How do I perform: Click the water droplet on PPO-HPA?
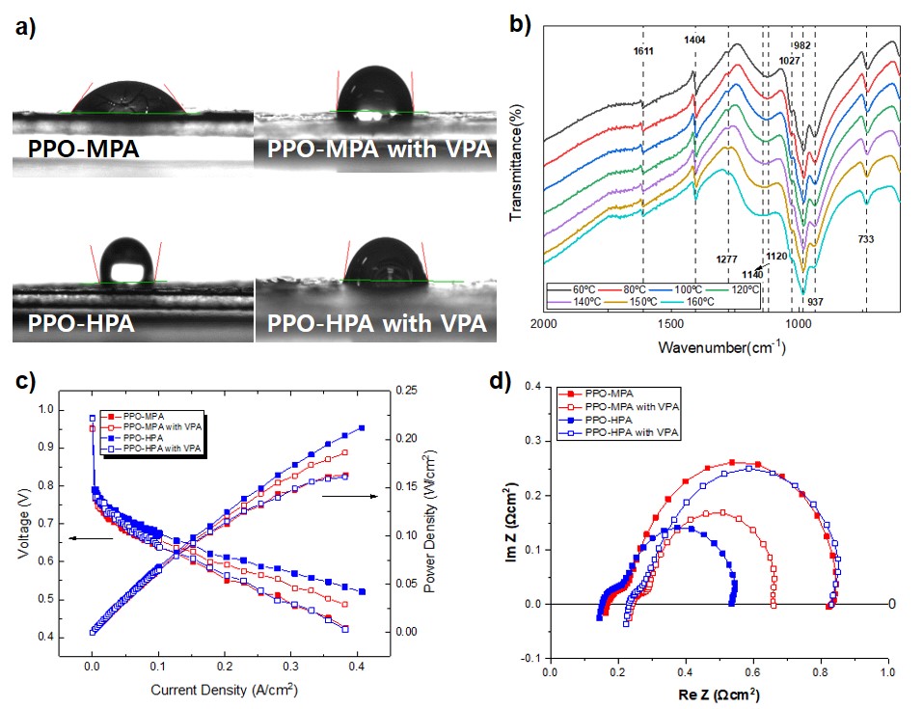128,259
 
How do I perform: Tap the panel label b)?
520,25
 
